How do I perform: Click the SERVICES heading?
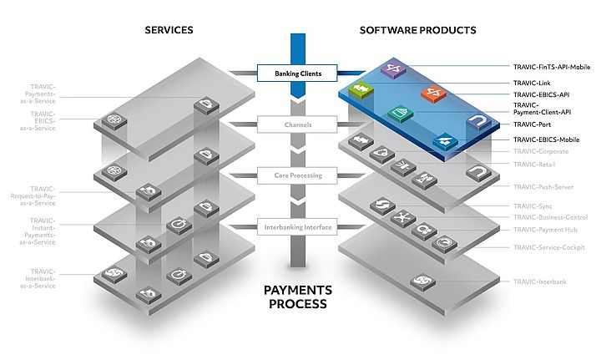(x=169, y=30)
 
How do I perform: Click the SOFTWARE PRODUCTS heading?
(x=417, y=30)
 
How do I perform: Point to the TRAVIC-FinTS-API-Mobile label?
(x=552, y=66)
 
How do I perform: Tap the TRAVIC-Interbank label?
(x=539, y=281)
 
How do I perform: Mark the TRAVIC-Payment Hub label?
(x=544, y=228)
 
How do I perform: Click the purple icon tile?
(x=393, y=70)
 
